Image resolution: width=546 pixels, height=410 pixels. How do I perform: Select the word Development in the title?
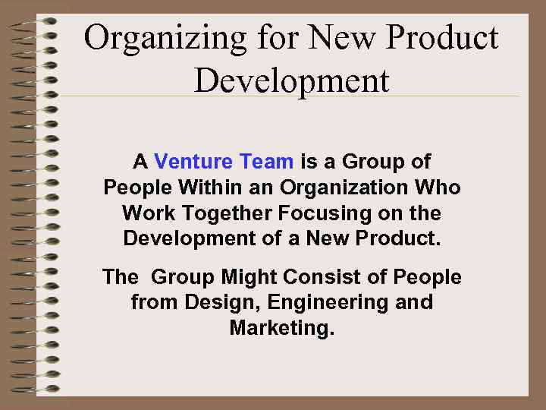pyautogui.click(x=292, y=80)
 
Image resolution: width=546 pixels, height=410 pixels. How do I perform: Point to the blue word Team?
pyautogui.click(x=266, y=162)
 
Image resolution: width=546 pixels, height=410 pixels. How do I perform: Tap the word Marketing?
pyautogui.click(x=281, y=329)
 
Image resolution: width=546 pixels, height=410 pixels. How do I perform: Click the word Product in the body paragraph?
pyautogui.click(x=399, y=238)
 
